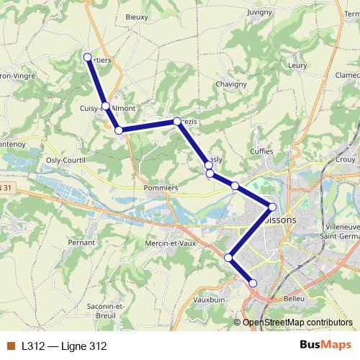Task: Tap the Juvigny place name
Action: click(x=259, y=12)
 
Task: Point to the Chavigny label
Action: click(x=231, y=84)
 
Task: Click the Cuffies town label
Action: click(x=261, y=151)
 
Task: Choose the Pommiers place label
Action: click(x=161, y=187)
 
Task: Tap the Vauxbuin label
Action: click(x=209, y=298)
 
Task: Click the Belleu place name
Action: click(x=295, y=297)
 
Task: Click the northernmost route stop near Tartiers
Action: click(x=88, y=57)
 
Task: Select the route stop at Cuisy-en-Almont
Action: click(x=105, y=106)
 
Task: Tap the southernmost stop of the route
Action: click(x=253, y=283)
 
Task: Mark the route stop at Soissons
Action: click(x=272, y=207)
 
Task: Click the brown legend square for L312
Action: click(x=10, y=346)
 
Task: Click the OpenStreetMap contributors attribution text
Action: click(x=297, y=322)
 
